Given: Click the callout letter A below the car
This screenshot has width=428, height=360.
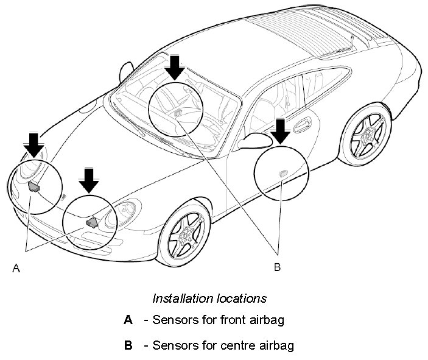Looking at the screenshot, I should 16,267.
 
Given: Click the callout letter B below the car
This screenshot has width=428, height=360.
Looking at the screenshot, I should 277,267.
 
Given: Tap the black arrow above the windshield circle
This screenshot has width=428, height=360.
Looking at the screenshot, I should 175,66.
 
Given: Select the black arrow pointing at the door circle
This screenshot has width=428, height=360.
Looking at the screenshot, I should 280,131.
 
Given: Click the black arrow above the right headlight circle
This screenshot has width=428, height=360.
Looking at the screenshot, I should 89,180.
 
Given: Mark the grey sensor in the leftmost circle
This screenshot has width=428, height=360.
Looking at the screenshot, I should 33,186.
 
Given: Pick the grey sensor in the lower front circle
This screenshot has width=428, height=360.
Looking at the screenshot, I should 93,222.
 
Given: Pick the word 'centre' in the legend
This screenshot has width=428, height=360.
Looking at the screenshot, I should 233,345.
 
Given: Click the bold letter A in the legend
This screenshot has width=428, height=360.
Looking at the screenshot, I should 128,319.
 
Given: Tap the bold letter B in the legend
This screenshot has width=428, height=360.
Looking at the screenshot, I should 128,345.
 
